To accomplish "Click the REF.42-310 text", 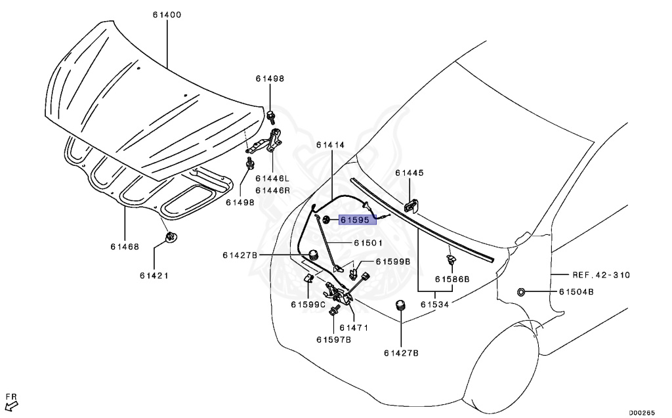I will [x=600, y=275].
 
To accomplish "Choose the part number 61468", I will [x=125, y=247].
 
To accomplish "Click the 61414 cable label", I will [x=330, y=144].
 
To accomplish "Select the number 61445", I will [x=409, y=173].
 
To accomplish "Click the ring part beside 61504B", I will [x=521, y=291].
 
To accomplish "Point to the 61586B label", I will [x=452, y=278].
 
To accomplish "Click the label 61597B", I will [x=333, y=339].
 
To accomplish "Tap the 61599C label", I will [x=308, y=304].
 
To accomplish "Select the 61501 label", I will [x=368, y=242].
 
